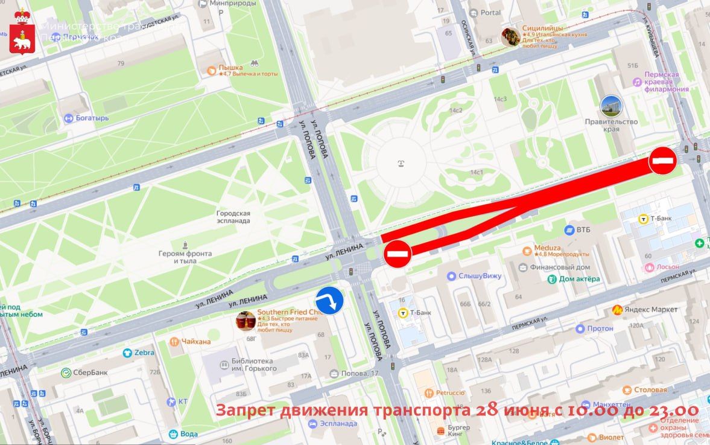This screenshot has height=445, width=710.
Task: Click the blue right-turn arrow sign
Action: pos(329,301)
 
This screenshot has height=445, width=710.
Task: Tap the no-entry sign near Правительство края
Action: pos(662,161)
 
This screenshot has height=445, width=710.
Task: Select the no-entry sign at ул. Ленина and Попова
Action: pos(398,254)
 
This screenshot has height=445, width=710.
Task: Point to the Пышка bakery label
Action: pos(230,68)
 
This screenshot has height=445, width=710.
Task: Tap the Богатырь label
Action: pos(92,118)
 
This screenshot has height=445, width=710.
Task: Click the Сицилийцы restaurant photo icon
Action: pos(510,37)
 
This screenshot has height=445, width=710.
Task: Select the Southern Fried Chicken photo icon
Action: pos(245,321)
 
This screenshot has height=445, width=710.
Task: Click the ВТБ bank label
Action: pos(583,230)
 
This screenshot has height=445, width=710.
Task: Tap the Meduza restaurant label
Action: pos(547,248)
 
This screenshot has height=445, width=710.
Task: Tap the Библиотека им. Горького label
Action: pos(252,365)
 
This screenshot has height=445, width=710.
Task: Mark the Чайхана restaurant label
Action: pos(197,342)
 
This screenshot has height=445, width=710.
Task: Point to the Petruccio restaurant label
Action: pos(450,392)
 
